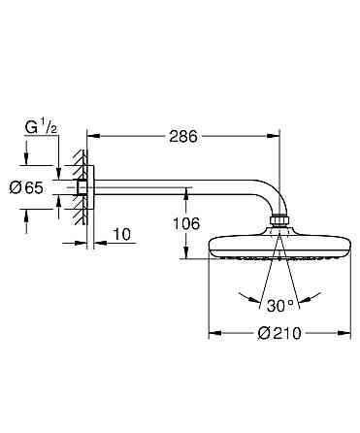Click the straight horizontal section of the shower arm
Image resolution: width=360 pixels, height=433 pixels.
pos(175,187)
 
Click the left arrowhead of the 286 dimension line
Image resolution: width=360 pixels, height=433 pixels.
pos(92,137)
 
